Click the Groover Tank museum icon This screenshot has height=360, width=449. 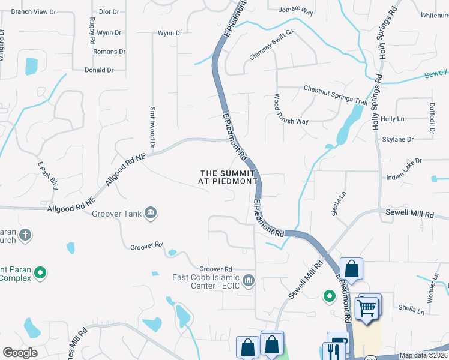tap(150, 214)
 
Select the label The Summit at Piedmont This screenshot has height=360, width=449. tap(228, 177)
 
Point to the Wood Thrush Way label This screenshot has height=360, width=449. tap(286, 109)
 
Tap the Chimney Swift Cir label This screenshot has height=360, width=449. tap(271, 45)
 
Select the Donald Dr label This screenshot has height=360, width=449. tap(99, 70)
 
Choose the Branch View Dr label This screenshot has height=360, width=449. tap(33, 11)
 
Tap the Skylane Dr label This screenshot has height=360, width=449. tap(398, 139)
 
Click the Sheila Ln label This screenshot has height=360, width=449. tap(411, 310)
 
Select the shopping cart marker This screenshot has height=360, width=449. tap(367, 307)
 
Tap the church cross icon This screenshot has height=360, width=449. tap(25, 235)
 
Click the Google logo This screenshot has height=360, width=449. tap(20, 352)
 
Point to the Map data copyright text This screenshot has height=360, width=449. tap(423, 355)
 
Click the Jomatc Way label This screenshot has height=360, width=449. tap(297, 10)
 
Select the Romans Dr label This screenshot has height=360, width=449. tap(109, 52)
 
